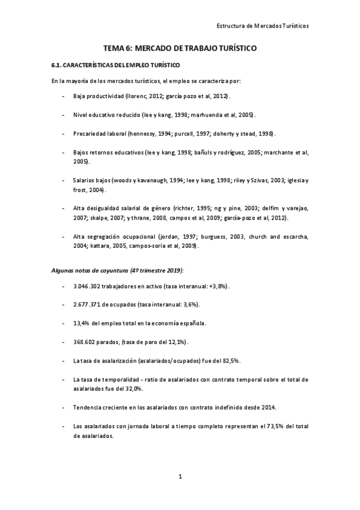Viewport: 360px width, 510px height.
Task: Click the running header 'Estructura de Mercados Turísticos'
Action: click(x=262, y=26)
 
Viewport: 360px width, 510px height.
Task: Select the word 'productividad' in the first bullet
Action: click(x=103, y=96)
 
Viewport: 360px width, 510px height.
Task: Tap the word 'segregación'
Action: click(x=103, y=237)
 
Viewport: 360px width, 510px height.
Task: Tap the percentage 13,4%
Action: click(x=81, y=323)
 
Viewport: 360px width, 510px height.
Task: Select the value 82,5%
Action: click(x=231, y=360)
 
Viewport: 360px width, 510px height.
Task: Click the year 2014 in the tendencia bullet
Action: click(x=268, y=407)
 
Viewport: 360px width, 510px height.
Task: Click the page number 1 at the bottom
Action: click(x=180, y=477)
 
